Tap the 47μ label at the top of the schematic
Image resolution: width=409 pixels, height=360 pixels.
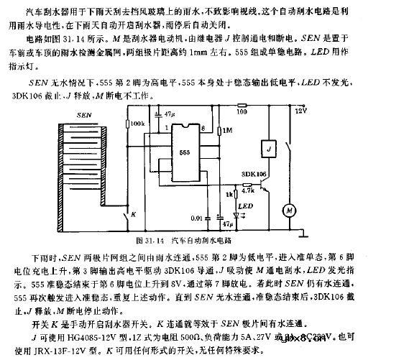tap(170, 115)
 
